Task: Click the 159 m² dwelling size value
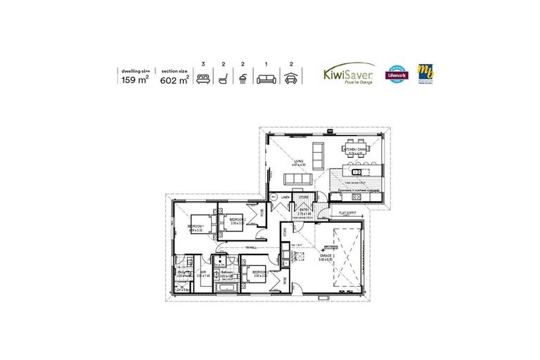click(134, 79)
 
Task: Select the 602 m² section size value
click(174, 79)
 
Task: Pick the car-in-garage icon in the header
click(289, 79)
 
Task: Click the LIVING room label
click(299, 162)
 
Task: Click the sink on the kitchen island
click(356, 171)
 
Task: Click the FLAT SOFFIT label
click(347, 212)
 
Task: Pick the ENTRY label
click(305, 210)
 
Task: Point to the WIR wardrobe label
click(202, 274)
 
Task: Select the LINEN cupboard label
click(285, 197)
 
